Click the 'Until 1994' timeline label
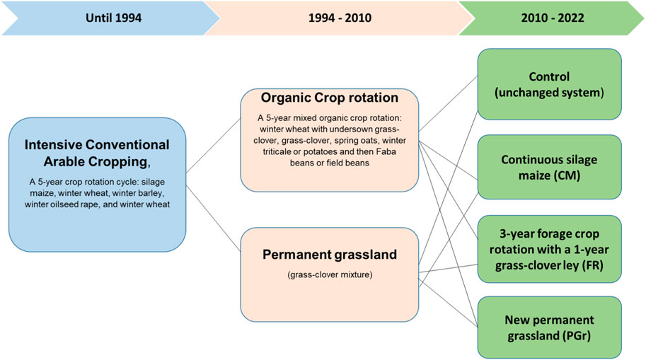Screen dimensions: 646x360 (113, 18)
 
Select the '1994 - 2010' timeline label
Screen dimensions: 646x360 (340, 18)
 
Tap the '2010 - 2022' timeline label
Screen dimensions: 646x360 (553, 18)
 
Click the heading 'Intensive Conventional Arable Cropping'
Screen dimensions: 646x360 (97, 153)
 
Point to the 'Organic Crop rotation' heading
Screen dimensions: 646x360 (330, 98)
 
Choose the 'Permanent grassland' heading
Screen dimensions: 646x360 (330, 255)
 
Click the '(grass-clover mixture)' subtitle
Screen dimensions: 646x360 (330, 274)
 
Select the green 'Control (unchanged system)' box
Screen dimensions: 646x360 (550, 84)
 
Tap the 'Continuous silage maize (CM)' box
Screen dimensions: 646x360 (550, 167)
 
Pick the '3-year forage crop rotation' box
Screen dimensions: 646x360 (550, 249)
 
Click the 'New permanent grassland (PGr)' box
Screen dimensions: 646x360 (550, 327)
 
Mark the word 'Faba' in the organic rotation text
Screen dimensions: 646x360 (387, 151)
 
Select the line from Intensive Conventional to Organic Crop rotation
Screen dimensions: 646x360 (213, 146)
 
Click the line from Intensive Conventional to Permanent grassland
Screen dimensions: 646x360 (213, 218)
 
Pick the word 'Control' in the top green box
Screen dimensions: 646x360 (549, 76)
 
